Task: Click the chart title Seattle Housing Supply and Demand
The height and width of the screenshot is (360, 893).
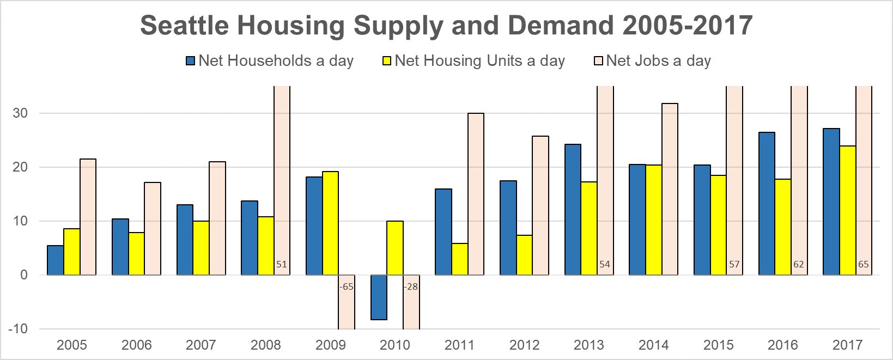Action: (446, 26)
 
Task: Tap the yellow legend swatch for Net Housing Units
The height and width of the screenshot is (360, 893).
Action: (387, 61)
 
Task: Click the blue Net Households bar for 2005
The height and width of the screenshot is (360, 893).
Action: (55, 260)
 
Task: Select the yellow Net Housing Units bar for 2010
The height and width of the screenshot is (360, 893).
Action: (395, 248)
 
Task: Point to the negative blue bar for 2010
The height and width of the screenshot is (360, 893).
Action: (379, 297)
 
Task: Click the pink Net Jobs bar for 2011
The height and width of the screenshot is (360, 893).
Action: (476, 194)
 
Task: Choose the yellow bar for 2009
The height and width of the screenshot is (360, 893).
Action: (330, 223)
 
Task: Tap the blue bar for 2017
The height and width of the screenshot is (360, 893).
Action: (831, 202)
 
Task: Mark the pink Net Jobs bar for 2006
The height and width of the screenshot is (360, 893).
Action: (153, 229)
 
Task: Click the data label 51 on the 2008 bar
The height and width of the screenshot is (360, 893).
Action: (281, 265)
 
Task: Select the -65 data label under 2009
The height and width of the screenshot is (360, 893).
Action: (347, 286)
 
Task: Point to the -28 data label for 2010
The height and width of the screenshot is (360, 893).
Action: (411, 286)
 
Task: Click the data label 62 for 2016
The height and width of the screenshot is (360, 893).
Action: (798, 265)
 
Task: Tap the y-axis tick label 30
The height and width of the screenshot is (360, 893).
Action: (20, 113)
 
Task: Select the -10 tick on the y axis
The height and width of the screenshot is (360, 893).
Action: (17, 329)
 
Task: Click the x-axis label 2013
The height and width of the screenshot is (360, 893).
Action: (588, 345)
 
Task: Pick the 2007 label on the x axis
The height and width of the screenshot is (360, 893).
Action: (201, 345)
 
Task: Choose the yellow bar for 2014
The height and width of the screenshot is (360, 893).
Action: (653, 220)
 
